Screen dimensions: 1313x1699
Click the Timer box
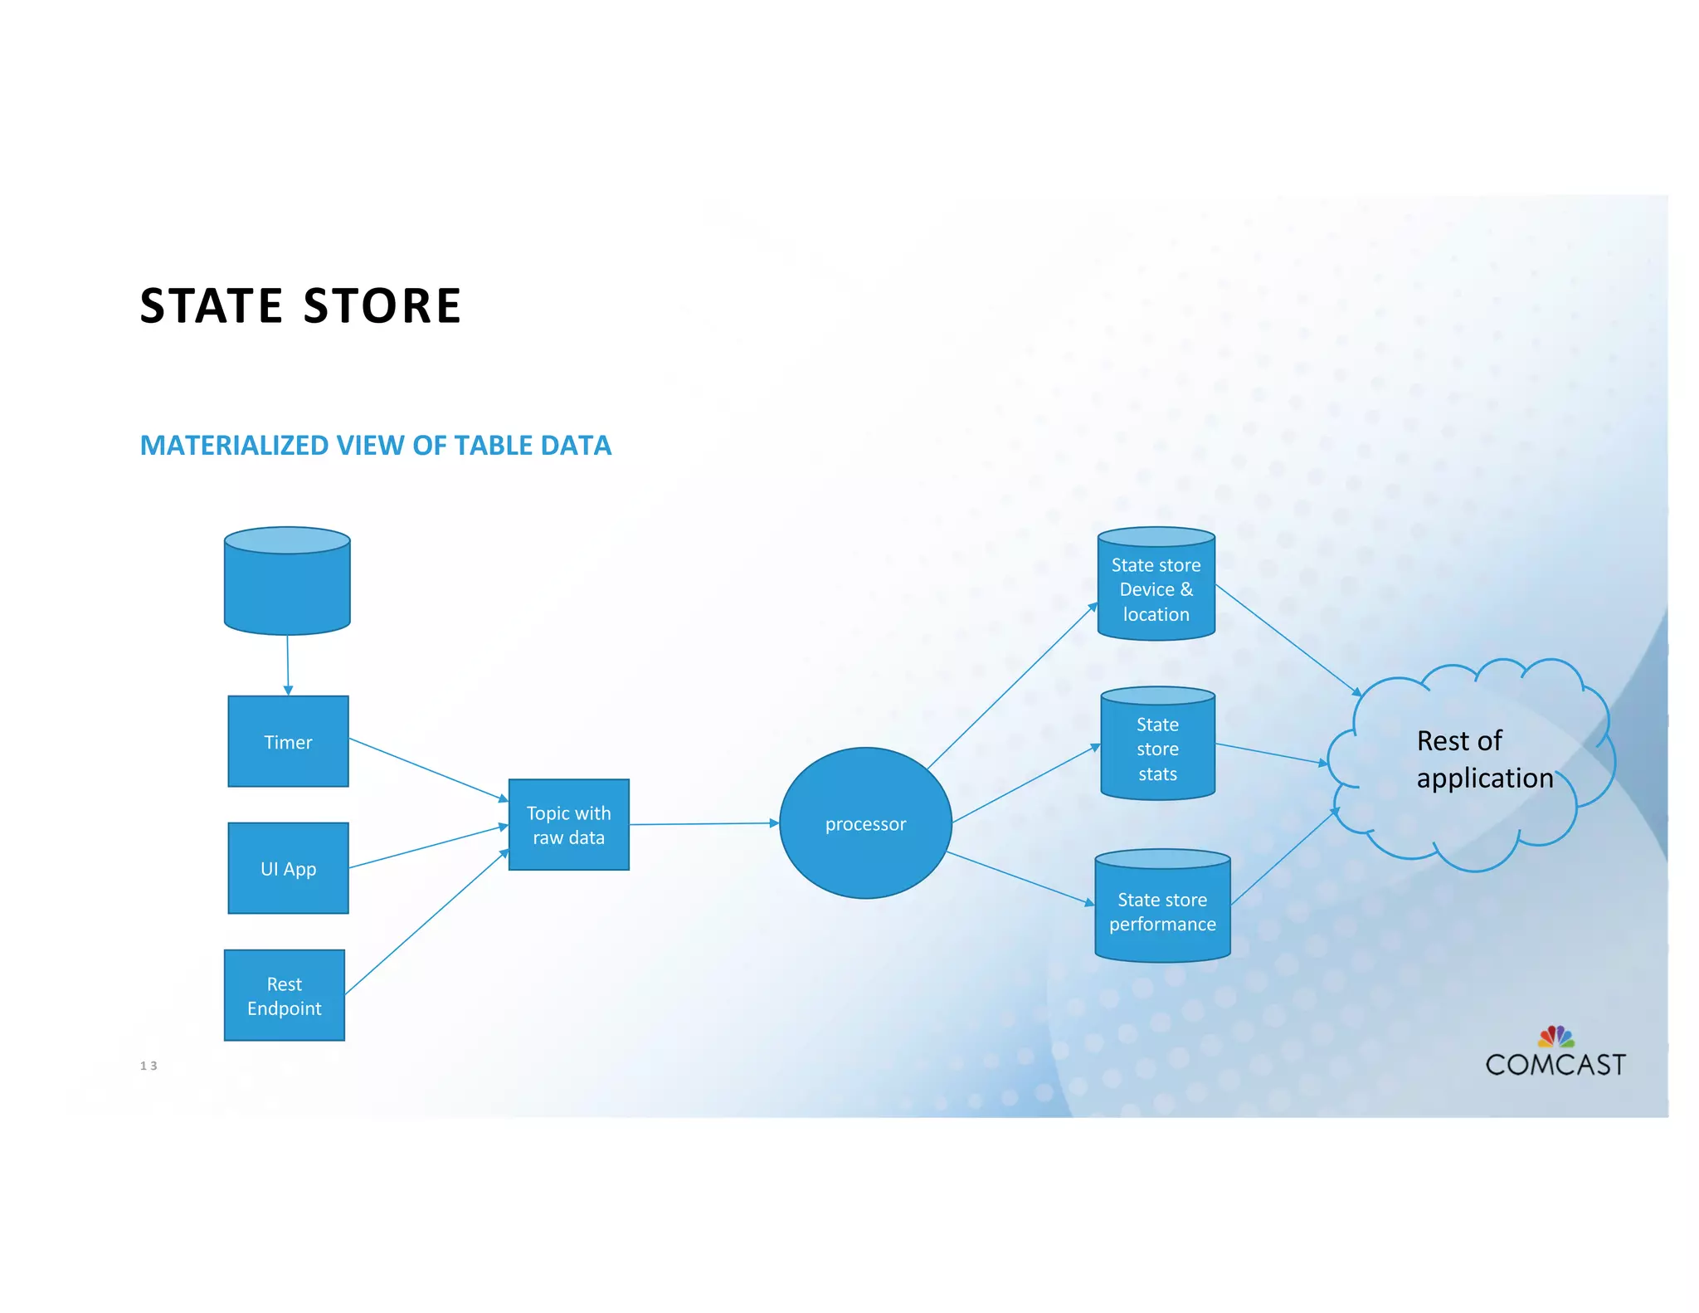288,741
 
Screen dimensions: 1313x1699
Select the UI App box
288,868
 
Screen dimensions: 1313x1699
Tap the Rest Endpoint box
284,995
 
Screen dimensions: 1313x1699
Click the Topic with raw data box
568,824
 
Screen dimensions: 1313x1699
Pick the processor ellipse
865,823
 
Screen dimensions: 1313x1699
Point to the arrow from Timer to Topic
428,769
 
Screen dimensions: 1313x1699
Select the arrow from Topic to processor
703,824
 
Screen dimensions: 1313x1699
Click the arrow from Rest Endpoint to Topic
426,922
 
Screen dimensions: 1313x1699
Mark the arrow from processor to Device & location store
1012,686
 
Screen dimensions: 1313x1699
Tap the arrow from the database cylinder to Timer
288,665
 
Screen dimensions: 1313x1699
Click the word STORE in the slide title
382,305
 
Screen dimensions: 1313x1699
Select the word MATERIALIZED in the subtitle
234,446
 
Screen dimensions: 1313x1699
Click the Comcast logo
1555,1054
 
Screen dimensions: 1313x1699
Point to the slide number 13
148,1066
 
